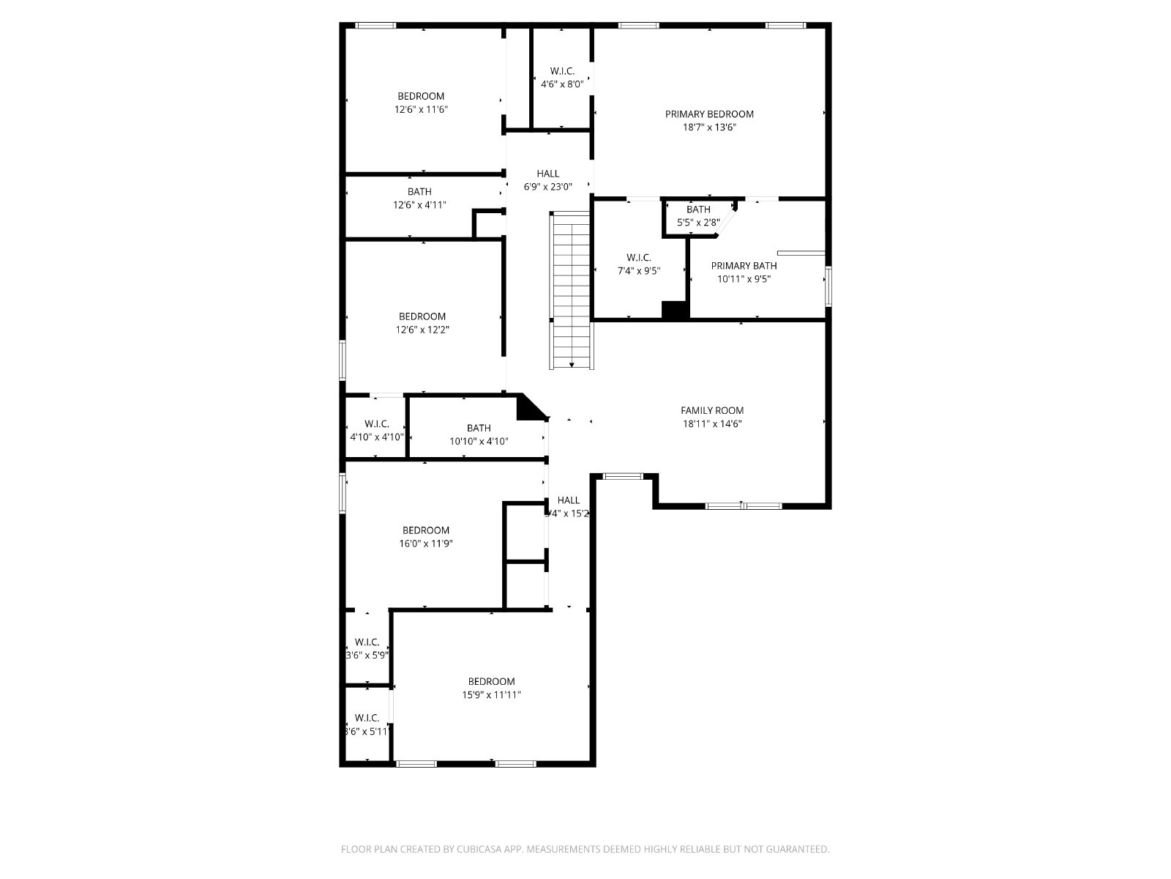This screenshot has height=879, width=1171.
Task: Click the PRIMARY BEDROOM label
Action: click(709, 114)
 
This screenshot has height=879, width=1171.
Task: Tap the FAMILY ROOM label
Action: click(712, 411)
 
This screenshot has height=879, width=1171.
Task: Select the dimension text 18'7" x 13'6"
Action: click(709, 127)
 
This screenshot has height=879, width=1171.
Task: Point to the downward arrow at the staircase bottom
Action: click(572, 364)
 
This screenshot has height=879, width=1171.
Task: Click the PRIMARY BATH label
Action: click(744, 266)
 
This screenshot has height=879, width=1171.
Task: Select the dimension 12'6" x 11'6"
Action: click(421, 110)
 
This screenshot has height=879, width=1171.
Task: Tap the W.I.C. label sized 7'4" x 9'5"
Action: click(638, 258)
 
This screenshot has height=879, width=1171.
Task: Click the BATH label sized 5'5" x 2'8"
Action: click(698, 209)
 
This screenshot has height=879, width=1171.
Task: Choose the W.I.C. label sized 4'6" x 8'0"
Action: click(562, 71)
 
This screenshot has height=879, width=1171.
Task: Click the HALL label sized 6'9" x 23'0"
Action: click(547, 174)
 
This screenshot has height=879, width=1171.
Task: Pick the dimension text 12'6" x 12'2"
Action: click(422, 330)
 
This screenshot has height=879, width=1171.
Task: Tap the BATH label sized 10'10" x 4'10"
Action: click(479, 429)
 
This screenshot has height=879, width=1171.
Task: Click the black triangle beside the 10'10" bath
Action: click(528, 409)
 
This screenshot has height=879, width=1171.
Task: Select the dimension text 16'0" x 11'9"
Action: click(425, 544)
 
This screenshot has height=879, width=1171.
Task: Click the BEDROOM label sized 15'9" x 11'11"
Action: click(491, 681)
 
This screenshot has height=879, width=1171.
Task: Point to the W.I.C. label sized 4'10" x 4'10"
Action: click(376, 424)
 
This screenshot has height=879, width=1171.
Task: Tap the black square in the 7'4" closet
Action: click(675, 310)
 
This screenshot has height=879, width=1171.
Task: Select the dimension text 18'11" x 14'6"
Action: click(712, 424)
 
